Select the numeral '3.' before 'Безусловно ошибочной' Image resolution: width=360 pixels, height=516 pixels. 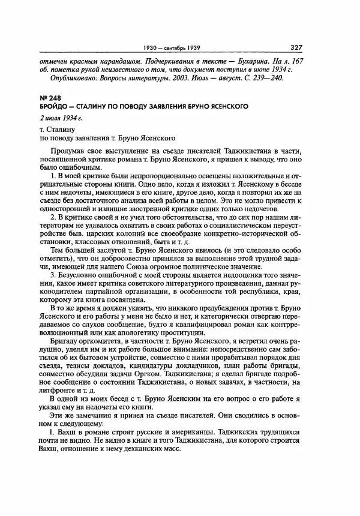(x=54, y=290)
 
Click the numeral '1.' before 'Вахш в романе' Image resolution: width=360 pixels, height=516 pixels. (x=54, y=434)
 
